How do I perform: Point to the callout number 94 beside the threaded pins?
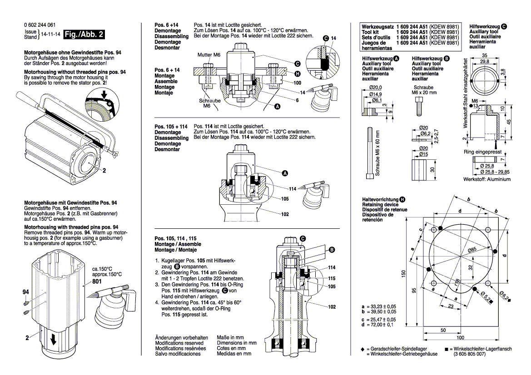(25, 293)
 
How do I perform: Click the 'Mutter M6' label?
(209, 54)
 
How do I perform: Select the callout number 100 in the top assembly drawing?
(298, 83)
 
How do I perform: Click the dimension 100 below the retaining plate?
(460, 338)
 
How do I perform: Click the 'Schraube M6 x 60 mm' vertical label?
(377, 153)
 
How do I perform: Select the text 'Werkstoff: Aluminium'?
(486, 179)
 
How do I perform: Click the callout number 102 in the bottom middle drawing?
(332, 307)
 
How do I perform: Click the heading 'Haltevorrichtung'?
(380, 200)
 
